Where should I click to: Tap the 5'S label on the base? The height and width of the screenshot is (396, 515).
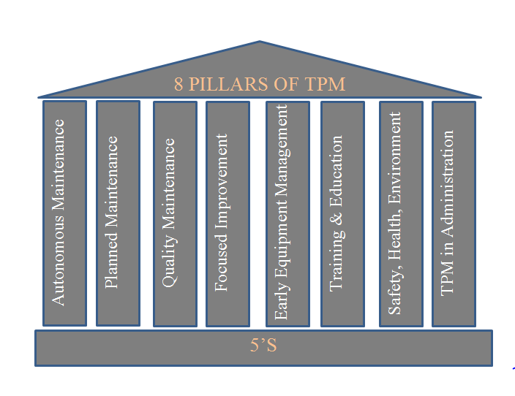263,346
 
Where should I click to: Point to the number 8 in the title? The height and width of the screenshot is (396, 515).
178,84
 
